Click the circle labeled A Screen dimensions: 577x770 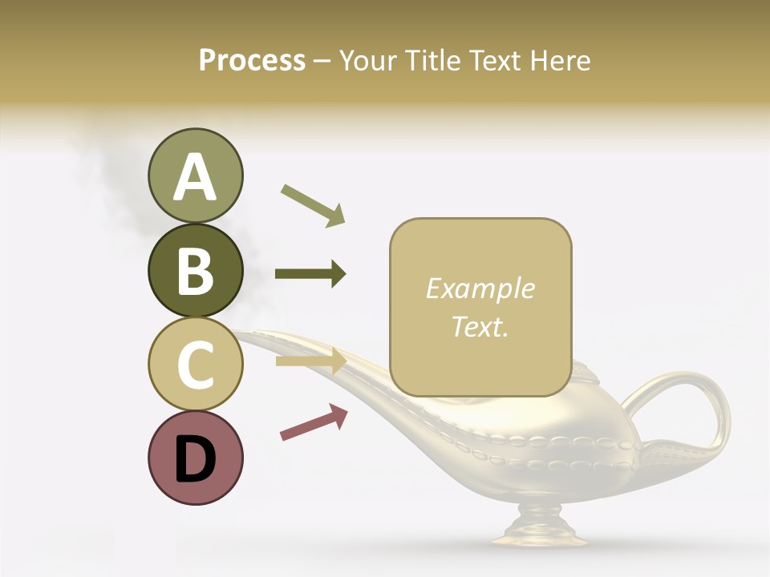pyautogui.click(x=195, y=176)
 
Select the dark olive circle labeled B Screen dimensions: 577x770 pyautogui.click(x=195, y=270)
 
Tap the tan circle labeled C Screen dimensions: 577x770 pyautogui.click(x=195, y=364)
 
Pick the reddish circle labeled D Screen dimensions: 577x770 pyautogui.click(x=195, y=458)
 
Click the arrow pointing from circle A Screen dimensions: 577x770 pyautogui.click(x=313, y=205)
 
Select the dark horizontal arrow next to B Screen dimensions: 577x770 pyautogui.click(x=310, y=274)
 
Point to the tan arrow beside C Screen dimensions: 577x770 pyautogui.click(x=310, y=361)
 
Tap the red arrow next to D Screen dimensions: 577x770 pyautogui.click(x=314, y=422)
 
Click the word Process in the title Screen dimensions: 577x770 pyautogui.click(x=252, y=60)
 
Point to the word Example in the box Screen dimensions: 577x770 pyautogui.click(x=480, y=288)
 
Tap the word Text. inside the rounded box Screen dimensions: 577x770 pyautogui.click(x=480, y=326)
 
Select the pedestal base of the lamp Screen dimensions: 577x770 pyautogui.click(x=538, y=533)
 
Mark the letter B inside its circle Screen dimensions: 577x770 pyautogui.click(x=195, y=271)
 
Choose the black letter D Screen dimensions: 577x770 pyautogui.click(x=195, y=458)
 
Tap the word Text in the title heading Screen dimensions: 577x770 pyautogui.click(x=496, y=60)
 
